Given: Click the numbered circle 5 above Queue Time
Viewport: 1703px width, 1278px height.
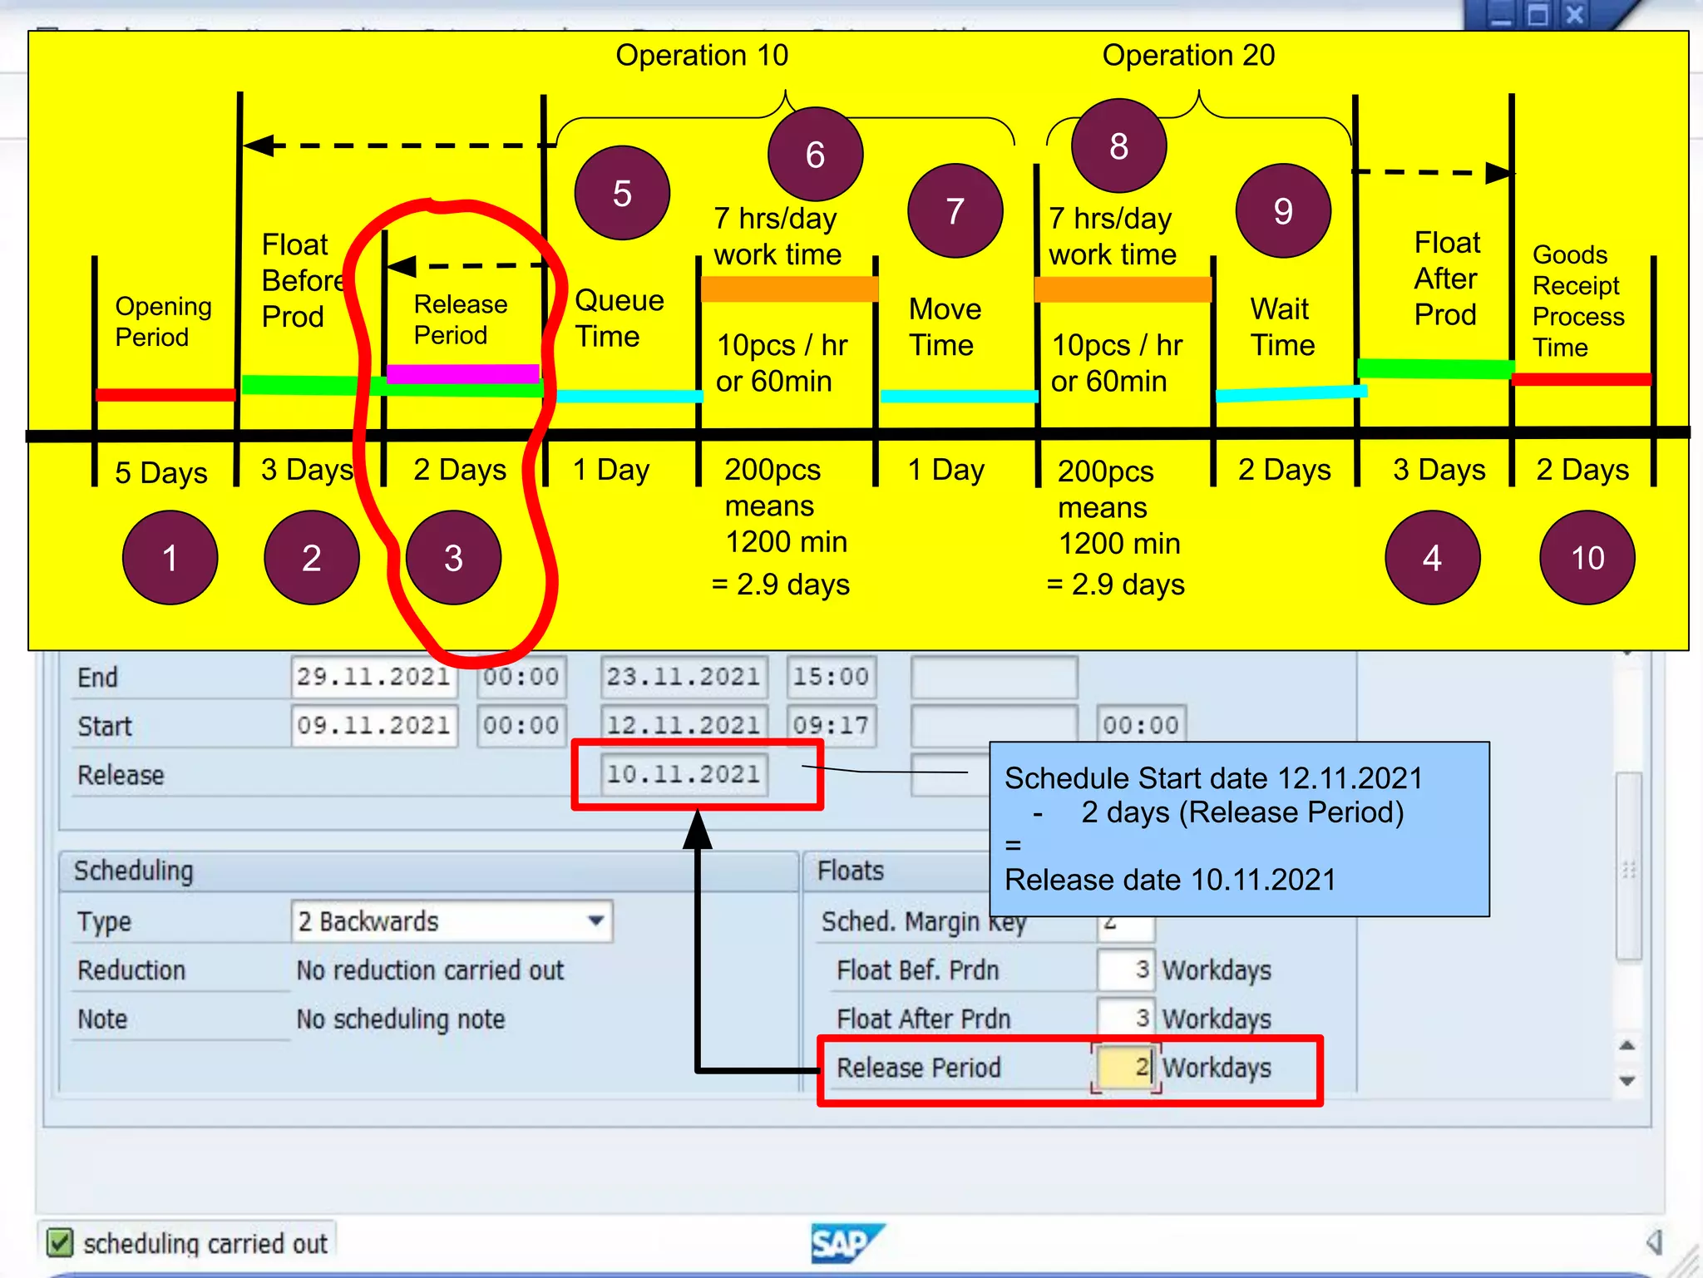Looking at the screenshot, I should pos(622,193).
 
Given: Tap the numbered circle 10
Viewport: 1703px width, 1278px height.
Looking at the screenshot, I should pos(1587,557).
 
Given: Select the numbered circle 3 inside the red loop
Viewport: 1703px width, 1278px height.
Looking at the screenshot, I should pos(453,557).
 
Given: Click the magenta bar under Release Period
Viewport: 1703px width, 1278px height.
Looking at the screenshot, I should pos(462,373).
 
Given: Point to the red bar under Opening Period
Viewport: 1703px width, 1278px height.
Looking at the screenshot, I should pos(165,395).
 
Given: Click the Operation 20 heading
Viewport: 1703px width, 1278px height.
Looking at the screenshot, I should pos(1188,56).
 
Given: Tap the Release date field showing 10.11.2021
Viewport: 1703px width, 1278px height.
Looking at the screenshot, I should pos(683,774).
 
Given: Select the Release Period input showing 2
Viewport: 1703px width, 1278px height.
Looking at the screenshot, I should pos(1125,1067).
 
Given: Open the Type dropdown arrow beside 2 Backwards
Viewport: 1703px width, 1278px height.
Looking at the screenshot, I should pos(595,921).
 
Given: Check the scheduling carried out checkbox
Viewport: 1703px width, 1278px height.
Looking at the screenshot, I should pos(60,1243).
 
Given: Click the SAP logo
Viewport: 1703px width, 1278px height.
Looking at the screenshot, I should pos(844,1243).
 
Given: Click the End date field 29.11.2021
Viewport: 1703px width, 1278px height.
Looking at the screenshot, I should pos(373,677).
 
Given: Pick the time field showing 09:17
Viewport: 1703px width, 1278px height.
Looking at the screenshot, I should pos(830,725).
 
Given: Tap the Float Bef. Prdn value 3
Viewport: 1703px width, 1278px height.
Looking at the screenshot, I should pos(1126,970).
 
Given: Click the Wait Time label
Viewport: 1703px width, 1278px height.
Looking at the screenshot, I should pos(1282,327).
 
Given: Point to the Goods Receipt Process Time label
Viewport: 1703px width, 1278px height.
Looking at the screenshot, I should pos(1577,300).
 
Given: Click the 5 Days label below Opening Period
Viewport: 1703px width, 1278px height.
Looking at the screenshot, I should pos(161,472).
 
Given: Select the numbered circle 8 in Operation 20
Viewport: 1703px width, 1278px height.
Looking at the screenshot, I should pos(1118,146).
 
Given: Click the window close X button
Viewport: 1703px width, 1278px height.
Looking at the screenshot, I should pos(1574,15).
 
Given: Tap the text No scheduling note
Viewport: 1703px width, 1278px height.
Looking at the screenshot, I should pos(401,1019).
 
